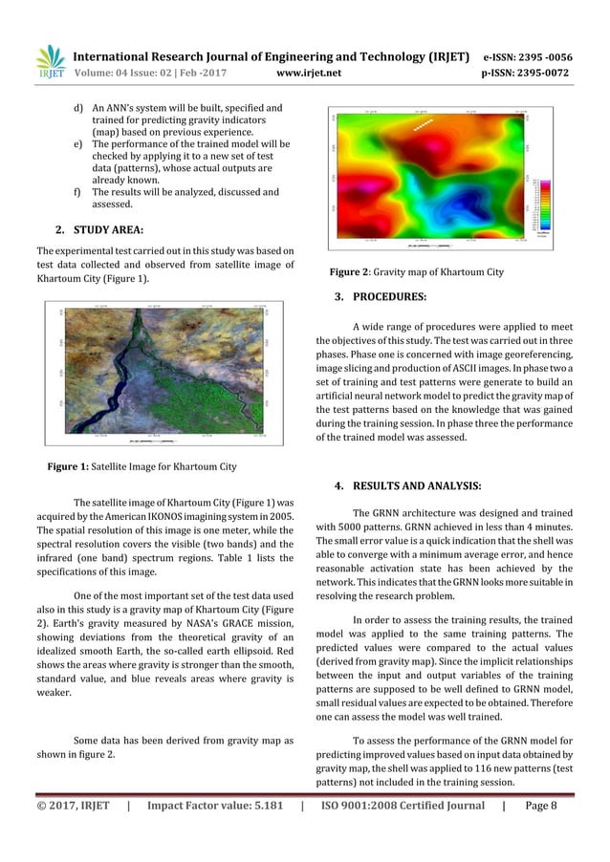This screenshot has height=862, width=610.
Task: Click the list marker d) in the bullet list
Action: point(77,108)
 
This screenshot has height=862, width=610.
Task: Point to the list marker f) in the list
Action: point(77,192)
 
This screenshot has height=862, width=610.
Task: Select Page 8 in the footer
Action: point(542,807)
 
